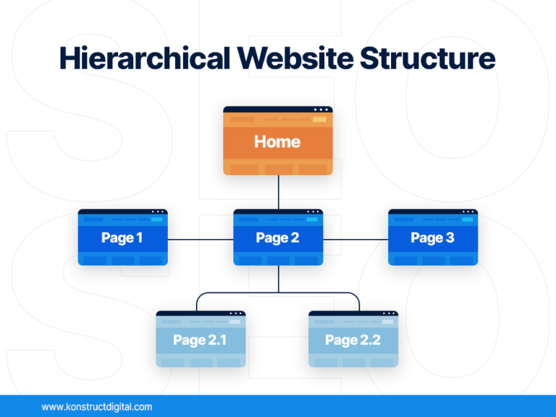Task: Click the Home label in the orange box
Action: [277, 142]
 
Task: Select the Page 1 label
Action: [122, 238]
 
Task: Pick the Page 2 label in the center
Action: [277, 238]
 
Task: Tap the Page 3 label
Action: [432, 238]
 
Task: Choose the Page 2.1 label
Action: [201, 340]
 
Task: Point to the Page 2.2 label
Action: [353, 340]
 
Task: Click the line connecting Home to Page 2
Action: [278, 192]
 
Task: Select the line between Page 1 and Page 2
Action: [201, 238]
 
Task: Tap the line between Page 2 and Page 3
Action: [355, 238]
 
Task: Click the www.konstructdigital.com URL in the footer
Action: [97, 407]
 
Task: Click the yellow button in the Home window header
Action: [319, 119]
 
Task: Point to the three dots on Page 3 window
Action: [467, 211]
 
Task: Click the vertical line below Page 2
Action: [278, 279]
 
